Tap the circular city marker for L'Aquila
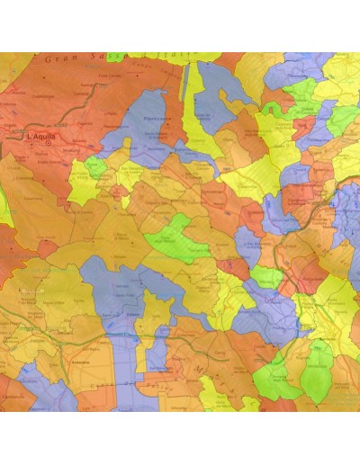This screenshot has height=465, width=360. pyautogui.click(x=48, y=142)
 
